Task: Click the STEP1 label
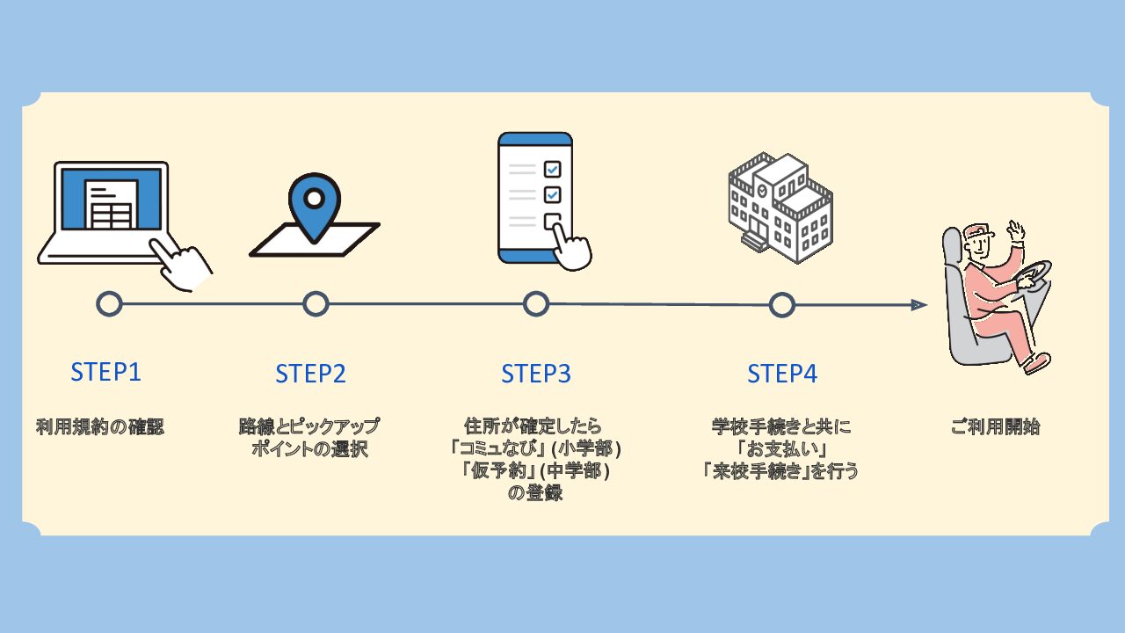(x=105, y=372)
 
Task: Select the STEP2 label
(x=310, y=374)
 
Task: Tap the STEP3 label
(x=536, y=374)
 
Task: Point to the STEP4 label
(x=782, y=374)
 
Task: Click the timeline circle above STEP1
(x=109, y=304)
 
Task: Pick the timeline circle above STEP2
(x=316, y=304)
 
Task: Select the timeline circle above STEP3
(x=536, y=304)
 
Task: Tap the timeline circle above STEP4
(x=781, y=305)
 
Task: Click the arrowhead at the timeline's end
(x=919, y=305)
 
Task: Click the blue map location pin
(x=314, y=202)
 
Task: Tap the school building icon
(x=780, y=207)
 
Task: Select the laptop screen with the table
(x=110, y=201)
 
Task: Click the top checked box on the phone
(x=552, y=169)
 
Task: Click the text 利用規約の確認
(x=100, y=428)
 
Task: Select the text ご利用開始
(x=995, y=428)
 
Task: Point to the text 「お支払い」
(x=780, y=449)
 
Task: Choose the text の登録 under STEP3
(x=535, y=493)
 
